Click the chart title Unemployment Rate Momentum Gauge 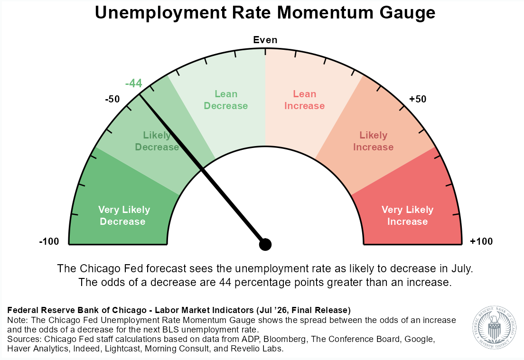click(x=265, y=13)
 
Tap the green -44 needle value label click(x=134, y=83)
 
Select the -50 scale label click(x=112, y=99)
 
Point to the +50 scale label click(x=418, y=99)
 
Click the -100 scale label click(x=49, y=241)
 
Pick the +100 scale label click(x=481, y=241)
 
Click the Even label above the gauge click(x=265, y=40)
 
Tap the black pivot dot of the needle click(x=265, y=244)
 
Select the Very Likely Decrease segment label click(x=124, y=215)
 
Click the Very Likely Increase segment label click(x=407, y=215)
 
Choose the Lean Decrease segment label click(x=226, y=100)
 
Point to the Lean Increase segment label click(x=304, y=100)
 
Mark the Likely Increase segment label click(x=373, y=141)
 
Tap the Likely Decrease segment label click(x=157, y=141)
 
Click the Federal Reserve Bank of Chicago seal click(x=494, y=328)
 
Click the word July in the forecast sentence click(x=462, y=269)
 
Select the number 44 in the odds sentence click(x=225, y=283)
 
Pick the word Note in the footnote click(x=16, y=320)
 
